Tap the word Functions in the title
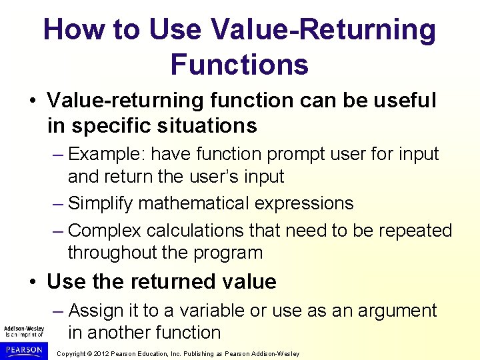239,65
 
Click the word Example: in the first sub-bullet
107,154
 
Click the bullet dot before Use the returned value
33,282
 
